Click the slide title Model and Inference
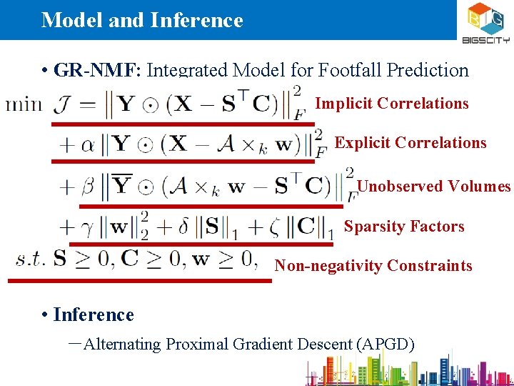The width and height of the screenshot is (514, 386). [x=142, y=20]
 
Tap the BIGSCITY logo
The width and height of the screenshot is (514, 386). [x=485, y=21]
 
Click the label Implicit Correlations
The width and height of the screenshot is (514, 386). [x=392, y=104]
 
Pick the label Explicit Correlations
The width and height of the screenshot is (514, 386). [x=410, y=143]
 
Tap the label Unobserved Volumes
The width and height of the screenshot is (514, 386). [x=434, y=187]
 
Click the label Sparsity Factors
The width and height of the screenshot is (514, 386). [x=404, y=227]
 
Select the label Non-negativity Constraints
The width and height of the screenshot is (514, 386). [x=373, y=266]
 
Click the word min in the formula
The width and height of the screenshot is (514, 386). [x=24, y=104]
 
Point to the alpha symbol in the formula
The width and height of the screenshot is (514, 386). [x=88, y=145]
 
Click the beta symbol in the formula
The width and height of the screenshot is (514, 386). [x=88, y=188]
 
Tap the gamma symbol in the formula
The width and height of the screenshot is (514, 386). [x=88, y=228]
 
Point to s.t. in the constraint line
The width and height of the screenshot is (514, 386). [x=32, y=259]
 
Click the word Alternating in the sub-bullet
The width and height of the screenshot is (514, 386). [x=122, y=345]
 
